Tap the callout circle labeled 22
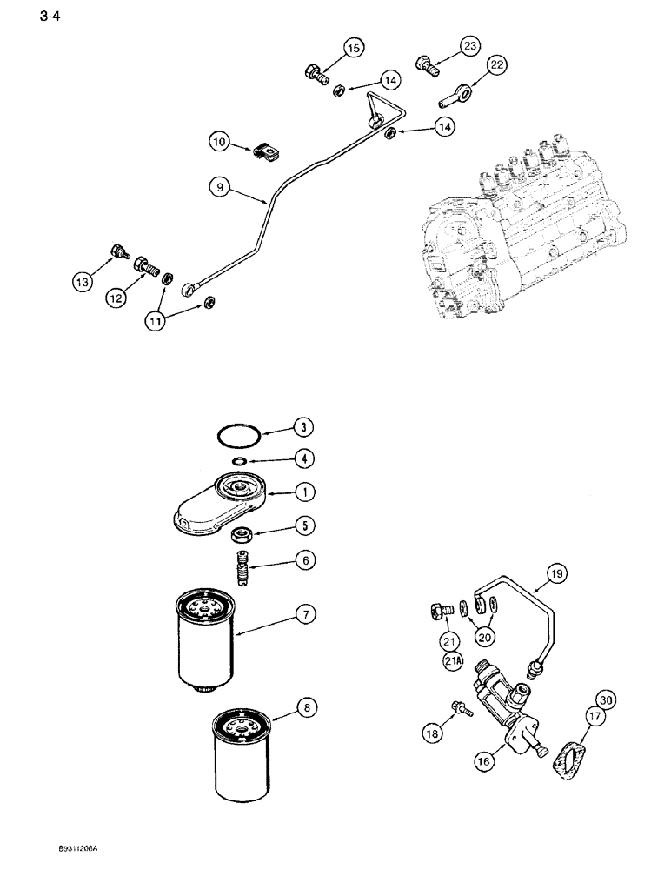coord(495,65)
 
